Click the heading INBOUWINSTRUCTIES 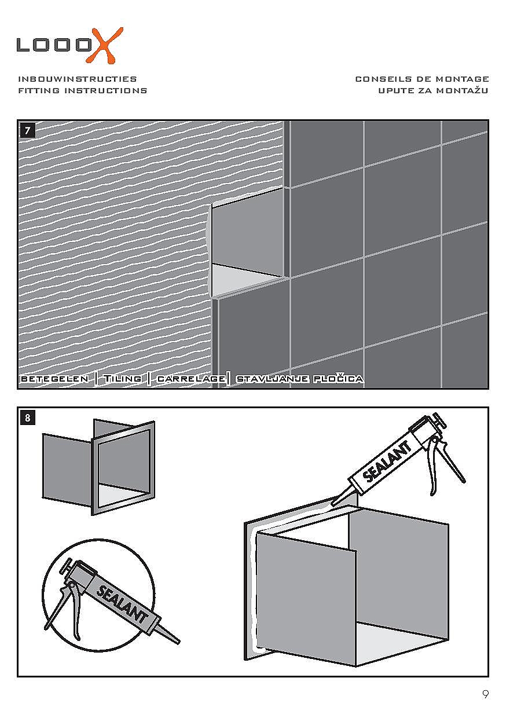point(78,79)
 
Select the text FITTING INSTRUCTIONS point(83,90)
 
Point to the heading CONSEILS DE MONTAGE point(422,79)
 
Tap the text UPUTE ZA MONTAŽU point(434,90)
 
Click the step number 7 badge point(28,130)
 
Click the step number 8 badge point(28,417)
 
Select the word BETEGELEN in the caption point(54,379)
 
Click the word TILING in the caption point(122,379)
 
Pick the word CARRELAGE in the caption point(191,379)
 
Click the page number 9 point(485,694)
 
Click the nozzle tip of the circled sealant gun point(177,642)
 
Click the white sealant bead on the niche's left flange point(252,585)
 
